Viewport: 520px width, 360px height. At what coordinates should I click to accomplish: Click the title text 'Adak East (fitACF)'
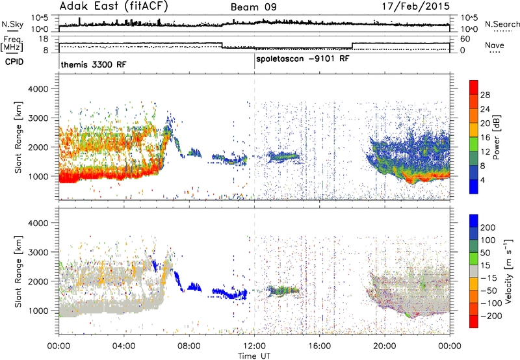[114, 6]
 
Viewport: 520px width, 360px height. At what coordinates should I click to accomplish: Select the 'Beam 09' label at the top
[253, 7]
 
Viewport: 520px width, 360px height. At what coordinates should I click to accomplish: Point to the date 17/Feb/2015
[415, 6]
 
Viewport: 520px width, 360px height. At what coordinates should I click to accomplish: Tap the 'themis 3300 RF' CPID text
[93, 64]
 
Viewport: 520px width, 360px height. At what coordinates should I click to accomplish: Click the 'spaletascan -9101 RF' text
[302, 58]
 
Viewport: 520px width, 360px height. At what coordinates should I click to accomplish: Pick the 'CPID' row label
[14, 62]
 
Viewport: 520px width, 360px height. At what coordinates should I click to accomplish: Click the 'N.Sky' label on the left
[12, 24]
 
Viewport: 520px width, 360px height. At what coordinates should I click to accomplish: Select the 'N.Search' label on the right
[502, 24]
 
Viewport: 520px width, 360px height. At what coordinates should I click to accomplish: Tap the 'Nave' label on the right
[495, 45]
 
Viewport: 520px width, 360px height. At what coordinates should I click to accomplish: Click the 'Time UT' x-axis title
[254, 355]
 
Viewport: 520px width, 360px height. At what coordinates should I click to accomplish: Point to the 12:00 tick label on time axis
[254, 346]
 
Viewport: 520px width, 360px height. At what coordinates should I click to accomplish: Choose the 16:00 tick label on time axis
[319, 346]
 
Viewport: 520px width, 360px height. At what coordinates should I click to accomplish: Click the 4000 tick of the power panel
[38, 89]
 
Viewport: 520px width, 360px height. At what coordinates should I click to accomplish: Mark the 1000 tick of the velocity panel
[38, 311]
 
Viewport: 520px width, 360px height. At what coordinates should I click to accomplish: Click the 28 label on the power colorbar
[485, 95]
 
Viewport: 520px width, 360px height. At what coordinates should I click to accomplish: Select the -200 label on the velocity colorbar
[491, 316]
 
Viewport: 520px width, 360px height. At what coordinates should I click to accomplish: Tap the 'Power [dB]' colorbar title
[497, 137]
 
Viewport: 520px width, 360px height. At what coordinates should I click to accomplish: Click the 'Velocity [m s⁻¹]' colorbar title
[508, 271]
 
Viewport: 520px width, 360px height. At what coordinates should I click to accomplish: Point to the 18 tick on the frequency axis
[44, 39]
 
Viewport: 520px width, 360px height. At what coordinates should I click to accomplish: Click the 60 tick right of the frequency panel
[465, 39]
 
